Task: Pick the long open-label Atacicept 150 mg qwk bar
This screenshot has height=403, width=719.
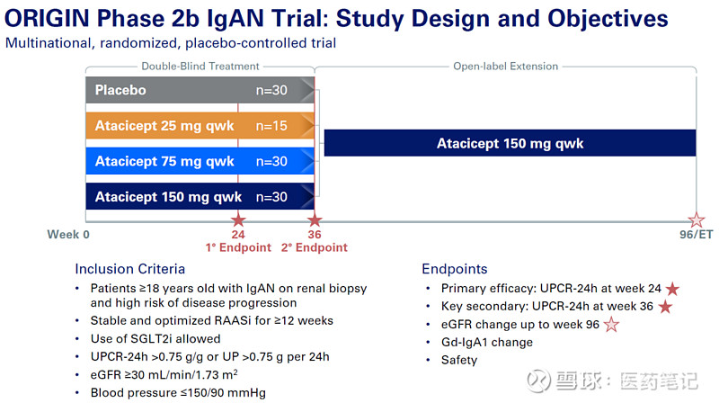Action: (x=510, y=143)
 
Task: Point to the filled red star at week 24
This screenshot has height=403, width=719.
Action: (x=238, y=220)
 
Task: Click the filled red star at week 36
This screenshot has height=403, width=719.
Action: (x=315, y=220)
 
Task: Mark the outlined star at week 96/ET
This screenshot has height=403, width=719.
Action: (x=697, y=220)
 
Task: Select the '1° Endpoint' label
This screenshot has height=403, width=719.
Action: (x=238, y=247)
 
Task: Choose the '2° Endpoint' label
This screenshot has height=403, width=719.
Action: (x=315, y=247)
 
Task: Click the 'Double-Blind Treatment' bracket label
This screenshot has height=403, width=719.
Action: (x=200, y=66)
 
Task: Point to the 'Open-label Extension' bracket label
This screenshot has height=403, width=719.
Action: (x=506, y=66)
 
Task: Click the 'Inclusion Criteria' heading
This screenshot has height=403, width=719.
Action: (x=129, y=269)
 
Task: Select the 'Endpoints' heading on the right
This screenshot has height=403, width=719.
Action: (x=454, y=269)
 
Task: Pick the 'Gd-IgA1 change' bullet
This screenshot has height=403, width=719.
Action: (x=486, y=342)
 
